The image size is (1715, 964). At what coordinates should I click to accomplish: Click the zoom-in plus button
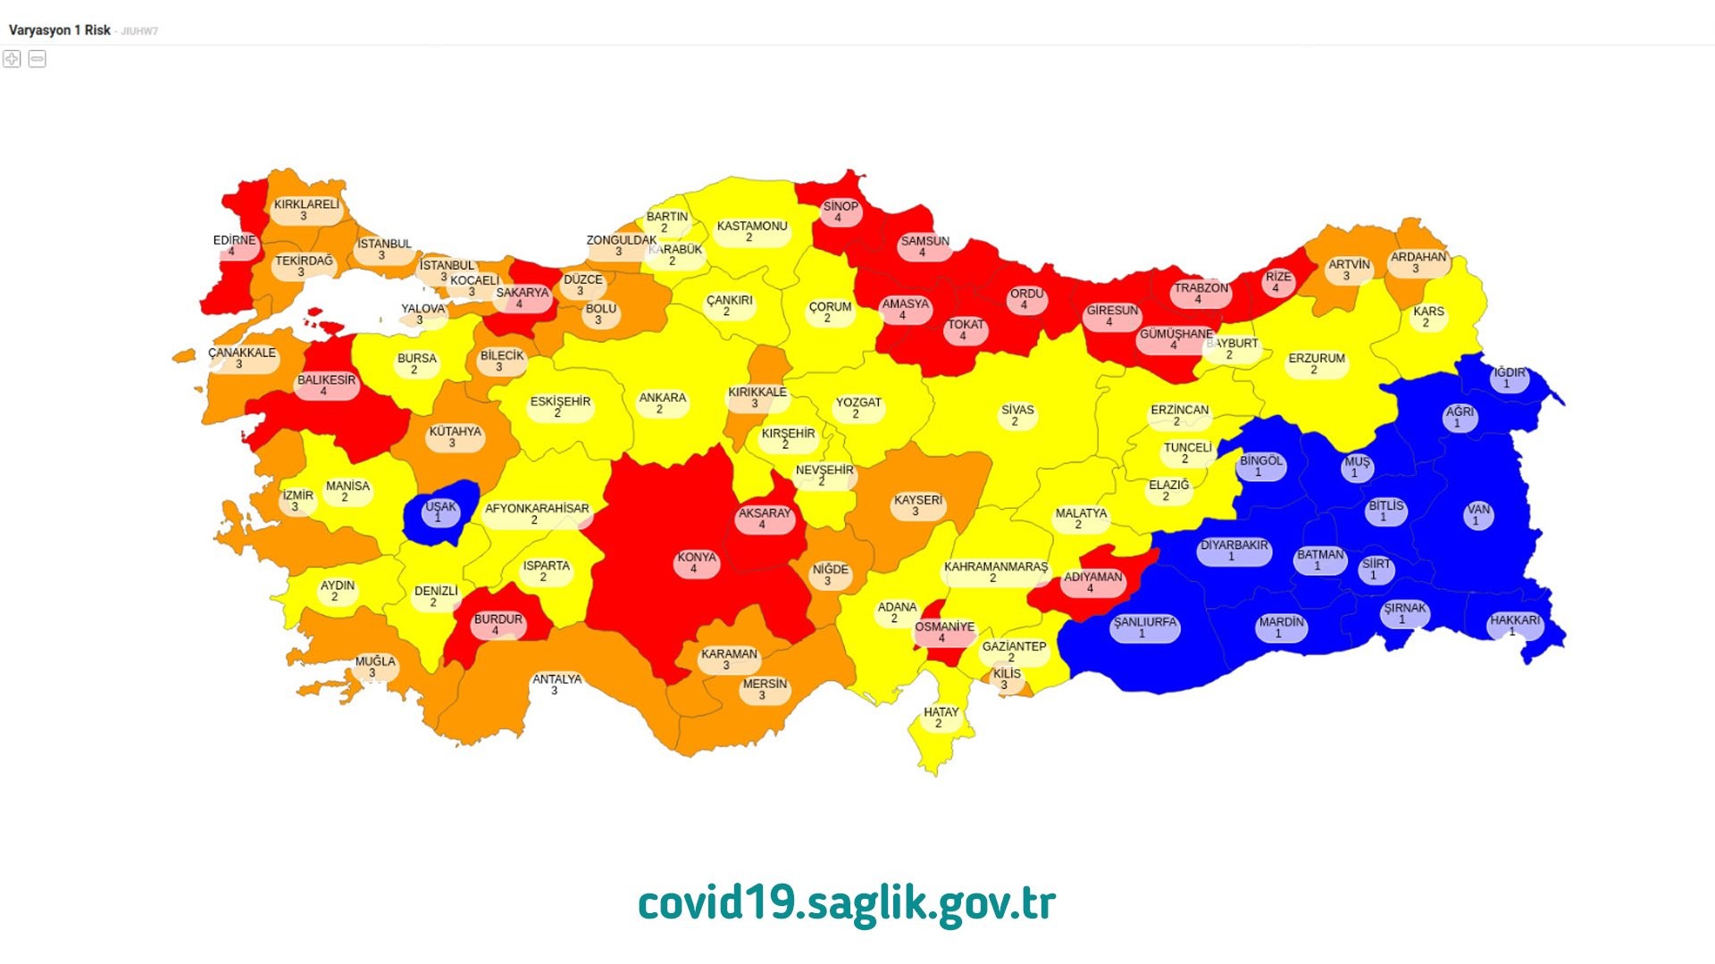click(12, 59)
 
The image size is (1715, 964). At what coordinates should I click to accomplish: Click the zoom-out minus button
click(38, 59)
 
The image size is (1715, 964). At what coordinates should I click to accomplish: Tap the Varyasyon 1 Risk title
click(60, 30)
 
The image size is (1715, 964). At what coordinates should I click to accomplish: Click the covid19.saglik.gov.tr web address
click(847, 903)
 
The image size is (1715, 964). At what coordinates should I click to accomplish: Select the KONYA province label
click(697, 562)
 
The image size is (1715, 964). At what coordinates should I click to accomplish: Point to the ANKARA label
click(662, 403)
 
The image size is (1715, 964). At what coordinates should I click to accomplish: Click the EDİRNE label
click(234, 245)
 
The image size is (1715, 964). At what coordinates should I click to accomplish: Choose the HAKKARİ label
click(1515, 625)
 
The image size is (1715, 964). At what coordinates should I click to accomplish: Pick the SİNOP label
click(840, 212)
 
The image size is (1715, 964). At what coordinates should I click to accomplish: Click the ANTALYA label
click(556, 685)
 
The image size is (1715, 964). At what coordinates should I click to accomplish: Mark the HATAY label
click(941, 718)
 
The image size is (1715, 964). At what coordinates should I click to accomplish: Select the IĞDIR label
click(1509, 378)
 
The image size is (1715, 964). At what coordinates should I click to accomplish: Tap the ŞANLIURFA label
click(1144, 627)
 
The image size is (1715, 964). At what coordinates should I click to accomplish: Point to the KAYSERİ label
click(917, 505)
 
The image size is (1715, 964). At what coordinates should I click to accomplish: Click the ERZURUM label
click(1316, 363)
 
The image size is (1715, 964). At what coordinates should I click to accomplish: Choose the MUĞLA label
click(374, 667)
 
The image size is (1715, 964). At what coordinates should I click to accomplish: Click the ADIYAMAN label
click(1092, 582)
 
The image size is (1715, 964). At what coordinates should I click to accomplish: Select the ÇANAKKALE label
click(242, 358)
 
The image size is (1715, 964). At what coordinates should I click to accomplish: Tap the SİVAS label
click(1016, 415)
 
